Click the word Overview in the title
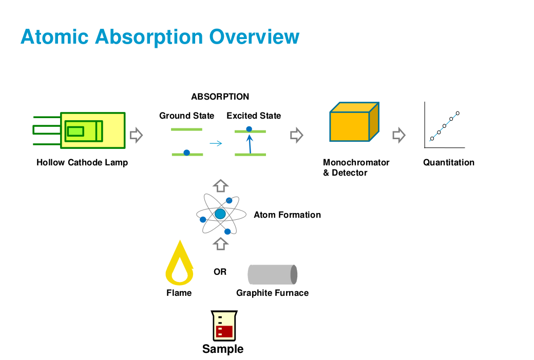pos(254,36)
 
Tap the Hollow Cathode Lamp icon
pos(79,130)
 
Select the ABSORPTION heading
pos(220,97)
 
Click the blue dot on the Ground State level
pos(186,153)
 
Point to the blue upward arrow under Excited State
pos(250,144)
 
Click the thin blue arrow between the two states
pos(216,143)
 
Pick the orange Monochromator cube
pos(354,122)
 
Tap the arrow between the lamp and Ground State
pos(136,135)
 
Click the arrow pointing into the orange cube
pos(297,135)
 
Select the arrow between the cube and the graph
pos(399,135)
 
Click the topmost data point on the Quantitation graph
pos(457,113)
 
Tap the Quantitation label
pos(449,162)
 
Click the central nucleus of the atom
pos(220,214)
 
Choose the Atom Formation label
pos(287,215)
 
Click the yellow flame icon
pos(180,263)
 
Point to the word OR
pos(220,272)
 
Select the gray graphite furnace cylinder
pos(273,275)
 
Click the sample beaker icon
pos(224,326)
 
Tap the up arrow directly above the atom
pos(221,186)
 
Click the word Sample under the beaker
pos(223,349)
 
